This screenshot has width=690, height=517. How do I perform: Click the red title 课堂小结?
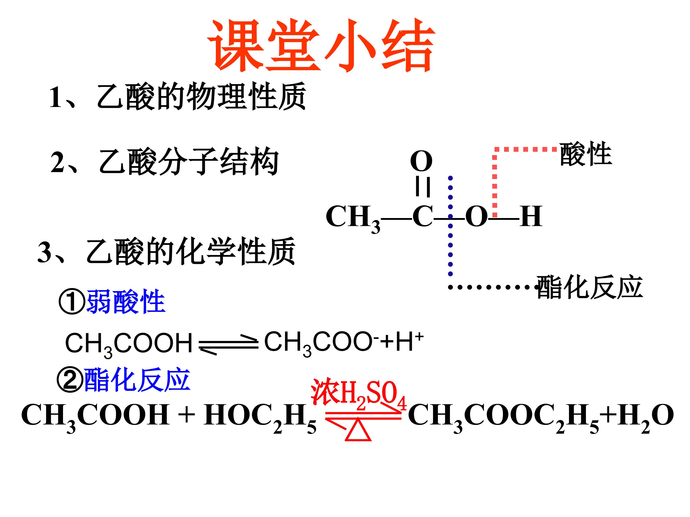(321, 46)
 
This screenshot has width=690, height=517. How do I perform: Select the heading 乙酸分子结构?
(189, 161)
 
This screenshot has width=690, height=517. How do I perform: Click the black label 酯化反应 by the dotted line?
(589, 287)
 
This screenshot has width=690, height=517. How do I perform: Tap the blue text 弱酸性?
(126, 301)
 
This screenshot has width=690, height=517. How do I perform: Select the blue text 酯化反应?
(137, 380)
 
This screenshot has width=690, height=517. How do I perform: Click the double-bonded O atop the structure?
(421, 161)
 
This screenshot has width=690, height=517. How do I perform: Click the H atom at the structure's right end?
(531, 216)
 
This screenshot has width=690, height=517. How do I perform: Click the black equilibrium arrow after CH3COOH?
(229, 346)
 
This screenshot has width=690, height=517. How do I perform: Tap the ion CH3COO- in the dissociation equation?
(322, 343)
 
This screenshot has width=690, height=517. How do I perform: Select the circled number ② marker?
(70, 380)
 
